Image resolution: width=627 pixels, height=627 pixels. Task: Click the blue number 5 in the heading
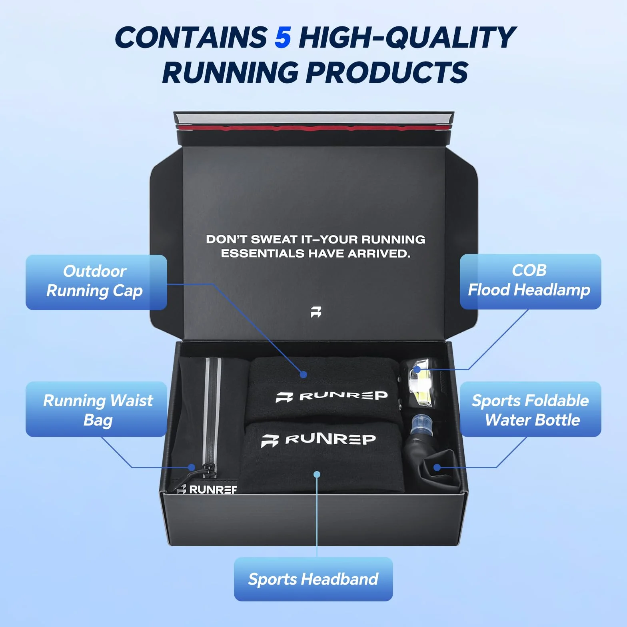click(283, 37)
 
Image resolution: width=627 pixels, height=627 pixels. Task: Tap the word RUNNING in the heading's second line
click(230, 72)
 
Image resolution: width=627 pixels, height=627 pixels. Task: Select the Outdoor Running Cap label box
click(96, 282)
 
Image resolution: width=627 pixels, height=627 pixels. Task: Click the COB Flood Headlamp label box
click(530, 282)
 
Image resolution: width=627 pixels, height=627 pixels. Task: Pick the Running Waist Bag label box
click(96, 409)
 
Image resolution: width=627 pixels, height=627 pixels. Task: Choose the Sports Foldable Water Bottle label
click(530, 409)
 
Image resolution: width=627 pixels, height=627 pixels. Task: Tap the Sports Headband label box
click(313, 579)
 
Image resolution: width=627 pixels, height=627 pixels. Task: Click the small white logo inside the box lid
click(316, 312)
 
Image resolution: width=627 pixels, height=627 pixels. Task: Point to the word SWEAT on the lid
click(274, 239)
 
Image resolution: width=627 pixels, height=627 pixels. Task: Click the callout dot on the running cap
click(304, 375)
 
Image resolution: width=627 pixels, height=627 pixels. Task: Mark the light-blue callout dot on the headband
click(317, 474)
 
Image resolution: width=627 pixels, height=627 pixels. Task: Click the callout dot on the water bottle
click(437, 467)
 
